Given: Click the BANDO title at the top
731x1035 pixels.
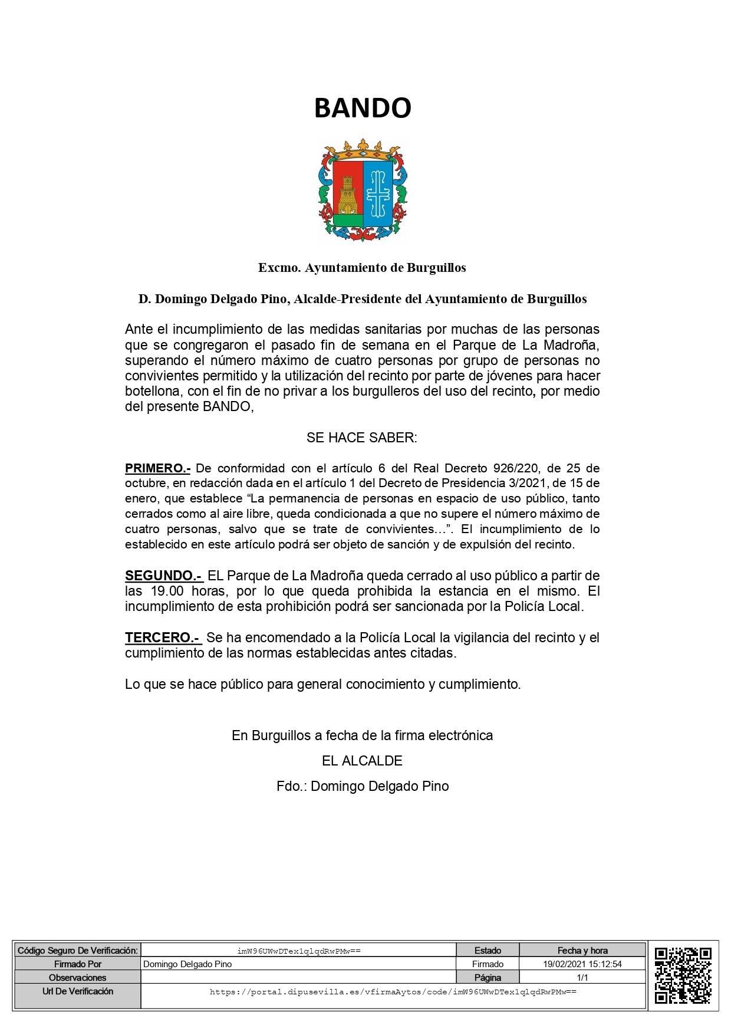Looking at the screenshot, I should pyautogui.click(x=363, y=109).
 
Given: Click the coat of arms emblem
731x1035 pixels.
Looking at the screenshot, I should pyautogui.click(x=363, y=190).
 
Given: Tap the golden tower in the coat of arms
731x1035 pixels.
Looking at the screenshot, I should pyautogui.click(x=347, y=195).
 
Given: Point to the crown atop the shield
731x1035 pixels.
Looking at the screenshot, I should pyautogui.click(x=363, y=150).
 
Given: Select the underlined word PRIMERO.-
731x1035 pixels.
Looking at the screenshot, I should pyautogui.click(x=157, y=469).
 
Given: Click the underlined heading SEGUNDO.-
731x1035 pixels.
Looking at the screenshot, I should pyautogui.click(x=163, y=576).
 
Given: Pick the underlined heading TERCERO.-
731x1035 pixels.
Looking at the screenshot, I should pyautogui.click(x=163, y=638).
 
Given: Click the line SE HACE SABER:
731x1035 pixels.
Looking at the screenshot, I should pyautogui.click(x=362, y=438).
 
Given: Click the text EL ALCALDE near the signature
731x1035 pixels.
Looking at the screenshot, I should pyautogui.click(x=362, y=761).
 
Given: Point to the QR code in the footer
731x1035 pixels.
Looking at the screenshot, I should pyautogui.click(x=683, y=975).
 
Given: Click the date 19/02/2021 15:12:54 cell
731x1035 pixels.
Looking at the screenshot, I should pyautogui.click(x=582, y=964).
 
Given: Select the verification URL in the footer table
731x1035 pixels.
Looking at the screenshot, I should pyautogui.click(x=393, y=992).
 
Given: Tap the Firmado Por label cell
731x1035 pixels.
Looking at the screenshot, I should pyautogui.click(x=78, y=964).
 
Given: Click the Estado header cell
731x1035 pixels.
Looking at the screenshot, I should pyautogui.click(x=488, y=951).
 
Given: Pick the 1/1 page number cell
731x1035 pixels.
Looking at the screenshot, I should pyautogui.click(x=582, y=977).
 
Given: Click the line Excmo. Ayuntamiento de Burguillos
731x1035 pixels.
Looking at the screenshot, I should pyautogui.click(x=362, y=268).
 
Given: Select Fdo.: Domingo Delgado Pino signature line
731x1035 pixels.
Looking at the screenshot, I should pyautogui.click(x=363, y=786).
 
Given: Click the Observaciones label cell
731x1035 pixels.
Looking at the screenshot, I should pyautogui.click(x=78, y=977).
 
